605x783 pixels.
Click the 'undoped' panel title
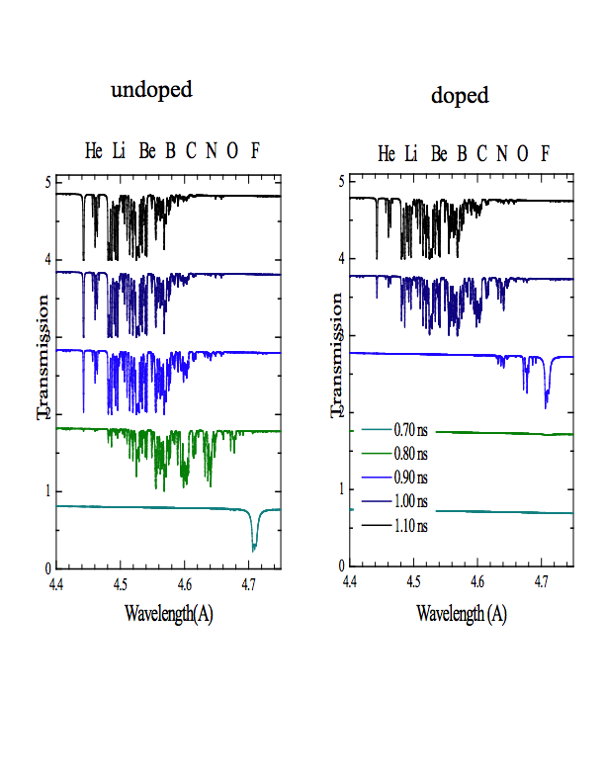[151, 90]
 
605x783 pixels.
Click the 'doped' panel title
[460, 96]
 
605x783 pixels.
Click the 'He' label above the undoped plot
[94, 151]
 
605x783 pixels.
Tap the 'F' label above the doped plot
[545, 153]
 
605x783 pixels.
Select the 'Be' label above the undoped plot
[147, 151]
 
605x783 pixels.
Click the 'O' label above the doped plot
[522, 153]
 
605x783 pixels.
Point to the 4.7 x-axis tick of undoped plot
[249, 585]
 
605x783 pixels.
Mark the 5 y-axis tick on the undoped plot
[46, 183]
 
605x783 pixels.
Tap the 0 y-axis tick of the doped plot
[340, 566]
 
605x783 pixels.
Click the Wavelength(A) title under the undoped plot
[168, 613]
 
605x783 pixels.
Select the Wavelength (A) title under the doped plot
[462, 613]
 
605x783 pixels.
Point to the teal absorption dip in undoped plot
[255, 542]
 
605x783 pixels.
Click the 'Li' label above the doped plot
[411, 153]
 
